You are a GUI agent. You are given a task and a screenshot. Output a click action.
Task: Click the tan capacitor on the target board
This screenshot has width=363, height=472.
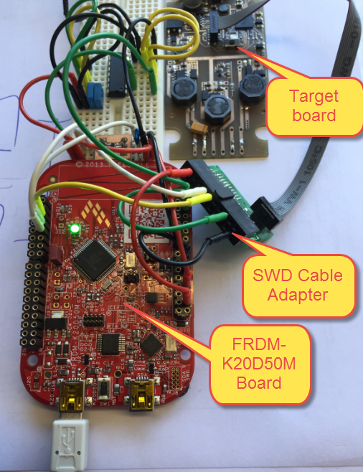(x=201, y=130)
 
